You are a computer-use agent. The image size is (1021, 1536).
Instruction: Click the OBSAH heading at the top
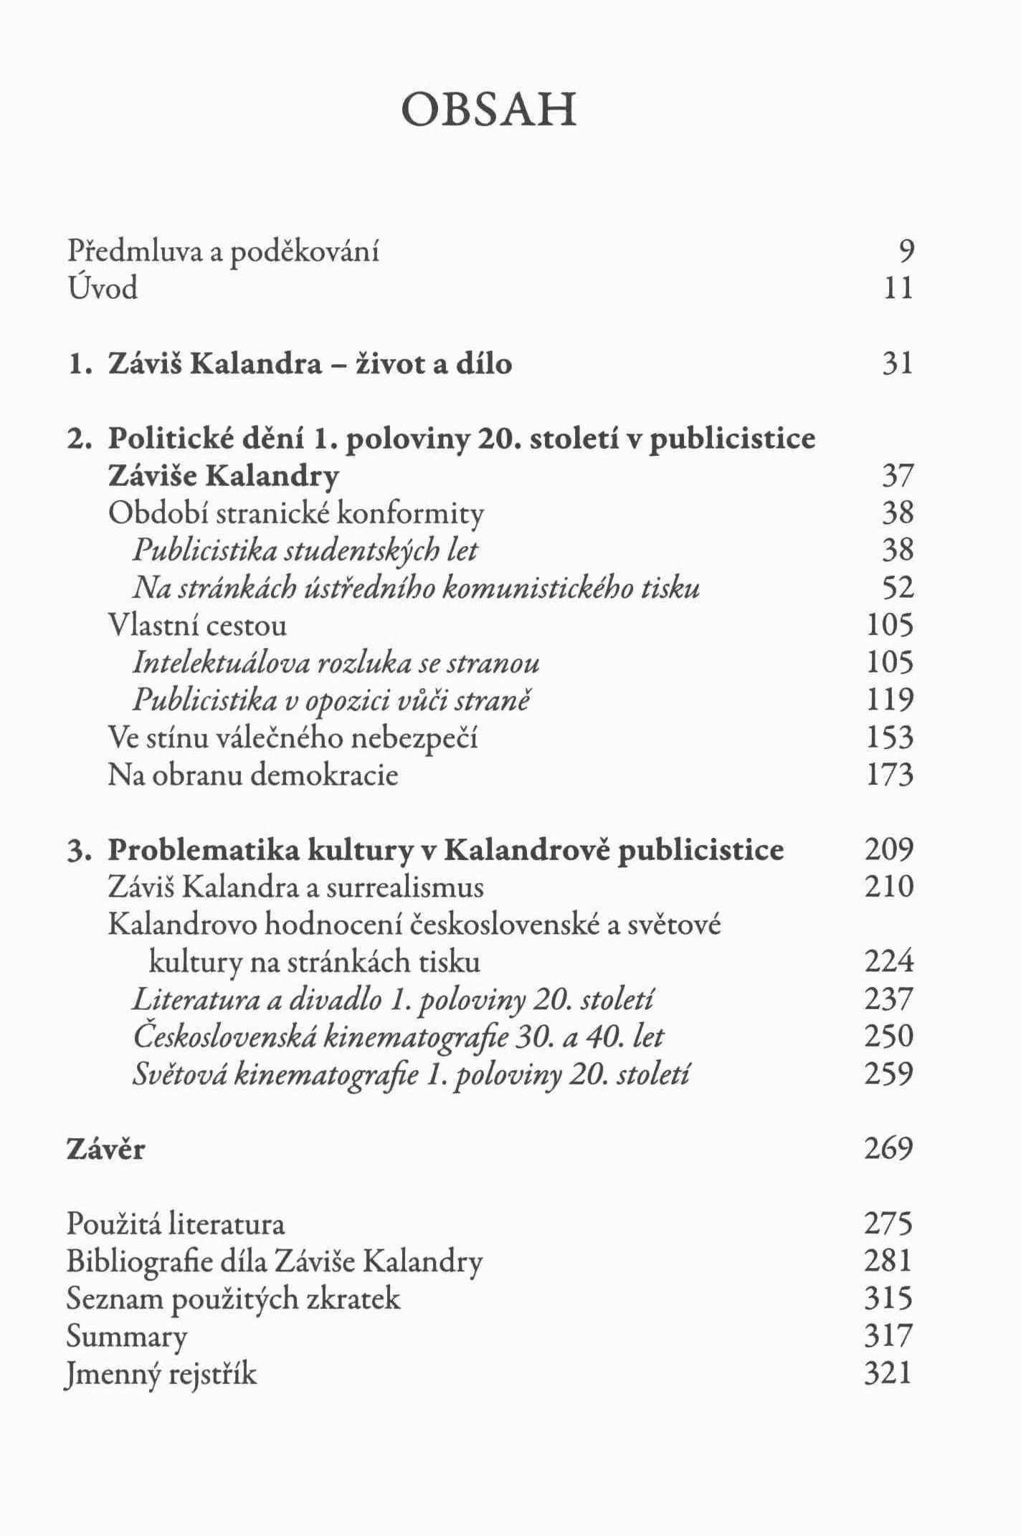coord(489,110)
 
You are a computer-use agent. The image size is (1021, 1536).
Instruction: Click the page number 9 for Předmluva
coord(906,251)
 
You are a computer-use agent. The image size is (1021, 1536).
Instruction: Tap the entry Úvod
coord(102,288)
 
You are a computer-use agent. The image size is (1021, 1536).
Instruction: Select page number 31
coord(898,363)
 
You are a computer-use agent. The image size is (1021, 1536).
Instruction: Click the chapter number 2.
coord(77,439)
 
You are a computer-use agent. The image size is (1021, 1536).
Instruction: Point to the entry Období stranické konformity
coord(295,513)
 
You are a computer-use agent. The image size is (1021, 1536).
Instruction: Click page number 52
coord(898,588)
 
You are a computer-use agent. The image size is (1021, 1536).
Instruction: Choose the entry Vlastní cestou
coord(197,625)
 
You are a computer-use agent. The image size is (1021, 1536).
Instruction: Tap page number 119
coord(890,700)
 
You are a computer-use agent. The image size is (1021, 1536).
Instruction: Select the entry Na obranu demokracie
coord(252,775)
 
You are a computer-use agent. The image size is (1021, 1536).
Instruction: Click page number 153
coord(890,738)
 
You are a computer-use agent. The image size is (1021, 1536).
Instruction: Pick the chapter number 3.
coord(77,850)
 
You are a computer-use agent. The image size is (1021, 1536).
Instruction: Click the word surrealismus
coord(404,887)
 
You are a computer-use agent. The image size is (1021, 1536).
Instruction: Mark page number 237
coord(889,999)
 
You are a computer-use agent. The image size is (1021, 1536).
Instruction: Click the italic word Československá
coord(224,1036)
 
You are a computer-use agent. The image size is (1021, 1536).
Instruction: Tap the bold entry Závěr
coord(105,1149)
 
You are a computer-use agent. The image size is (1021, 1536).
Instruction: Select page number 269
coord(889,1149)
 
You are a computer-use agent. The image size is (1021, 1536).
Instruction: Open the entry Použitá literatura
coord(176,1224)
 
